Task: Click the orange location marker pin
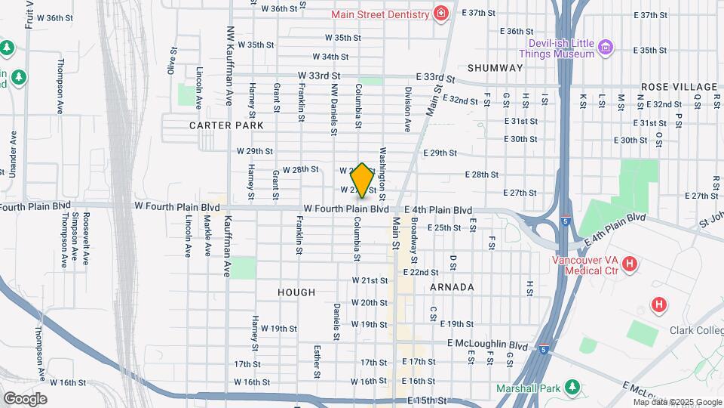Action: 362,181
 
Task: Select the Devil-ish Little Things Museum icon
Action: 605,49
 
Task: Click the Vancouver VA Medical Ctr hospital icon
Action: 630,264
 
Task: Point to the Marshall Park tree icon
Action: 572,388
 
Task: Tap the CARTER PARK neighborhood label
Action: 226,125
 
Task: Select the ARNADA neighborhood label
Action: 452,287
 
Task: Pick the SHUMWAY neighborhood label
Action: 495,68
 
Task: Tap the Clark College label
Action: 695,329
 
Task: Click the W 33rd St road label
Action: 320,76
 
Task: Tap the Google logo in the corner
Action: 25,398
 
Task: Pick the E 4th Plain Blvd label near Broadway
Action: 438,210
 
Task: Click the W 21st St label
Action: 370,280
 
